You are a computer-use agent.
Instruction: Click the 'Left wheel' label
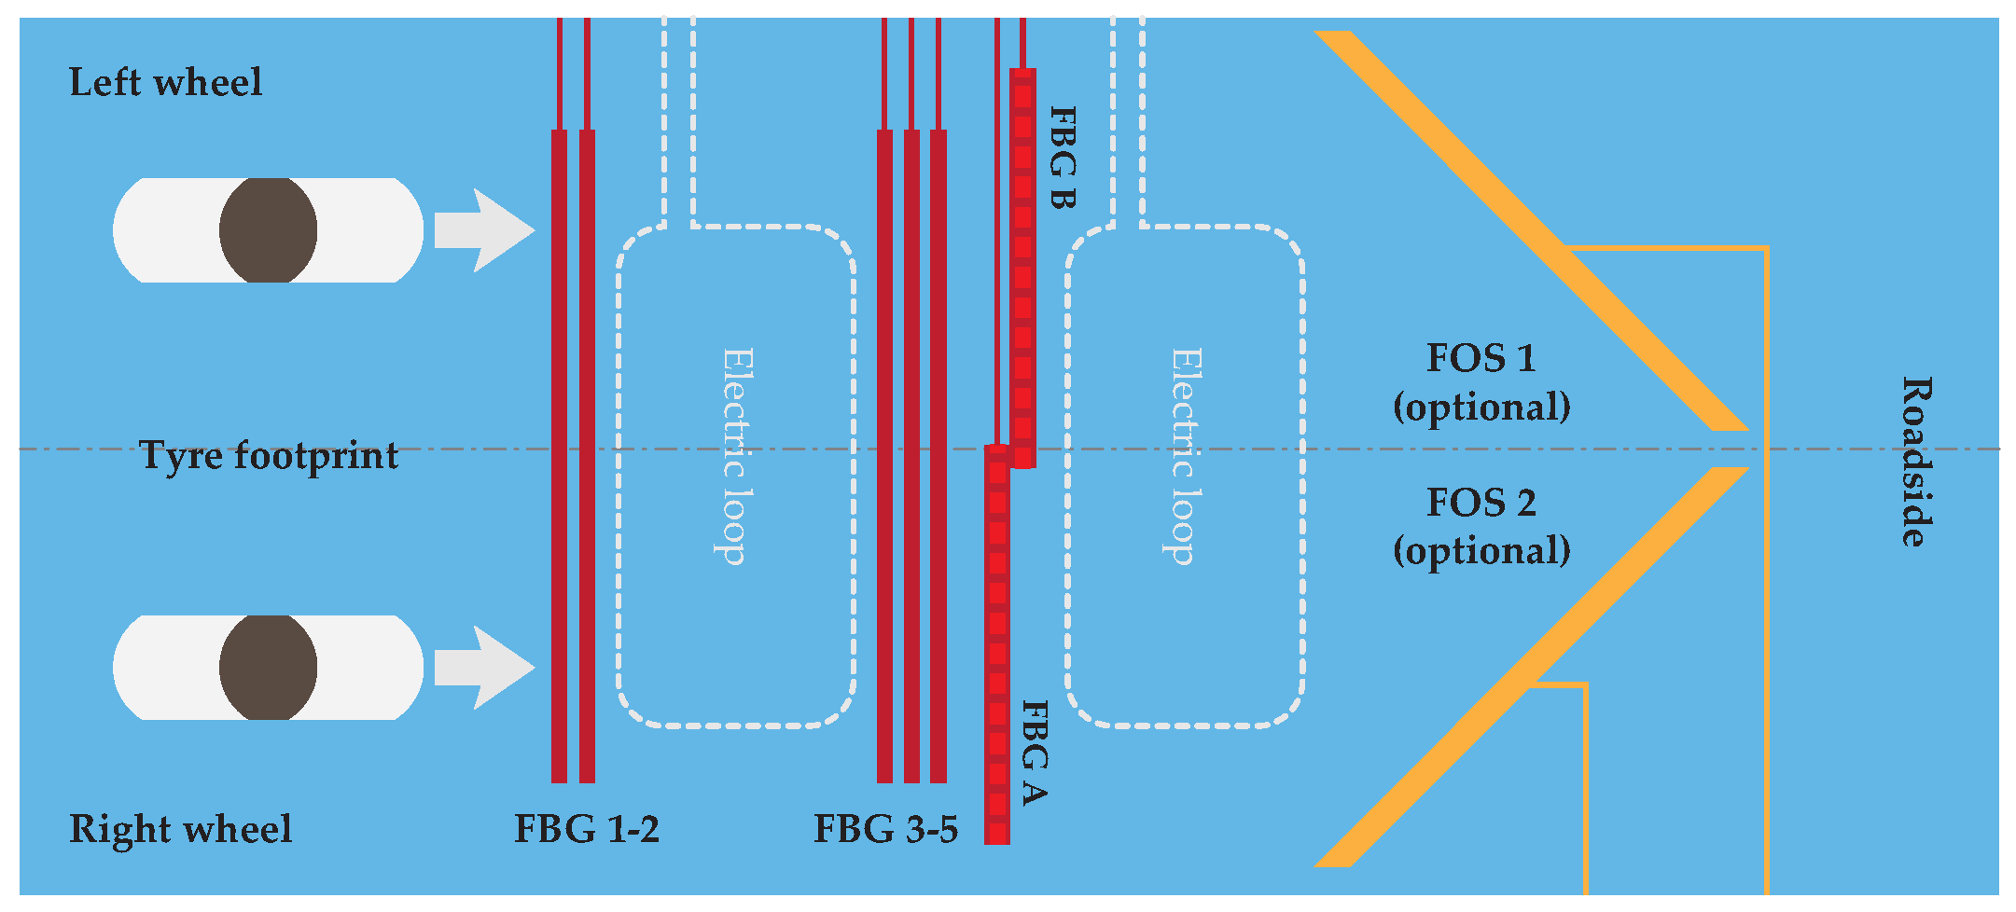165,83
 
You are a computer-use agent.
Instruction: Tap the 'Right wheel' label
180,829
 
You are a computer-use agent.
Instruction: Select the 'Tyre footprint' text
269,456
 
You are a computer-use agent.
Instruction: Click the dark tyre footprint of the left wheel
268,230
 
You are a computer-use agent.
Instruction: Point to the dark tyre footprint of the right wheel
268,668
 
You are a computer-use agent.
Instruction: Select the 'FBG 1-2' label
587,829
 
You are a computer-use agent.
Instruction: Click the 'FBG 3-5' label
885,829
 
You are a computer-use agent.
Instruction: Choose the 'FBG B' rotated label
1063,157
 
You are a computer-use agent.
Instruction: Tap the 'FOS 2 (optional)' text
1481,526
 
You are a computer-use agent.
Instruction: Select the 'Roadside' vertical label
1916,462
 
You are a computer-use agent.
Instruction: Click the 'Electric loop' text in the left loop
737,456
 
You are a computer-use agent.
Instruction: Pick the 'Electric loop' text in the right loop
1185,456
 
